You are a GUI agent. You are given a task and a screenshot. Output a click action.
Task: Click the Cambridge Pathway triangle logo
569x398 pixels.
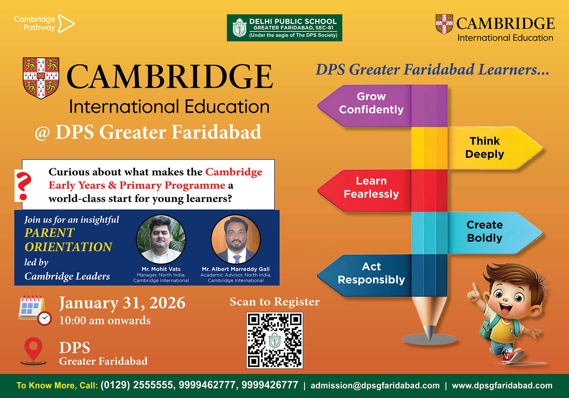point(66,24)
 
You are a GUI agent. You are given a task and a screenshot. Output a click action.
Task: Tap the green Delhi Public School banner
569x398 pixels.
point(284,28)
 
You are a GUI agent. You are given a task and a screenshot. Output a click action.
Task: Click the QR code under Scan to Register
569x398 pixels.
point(275,340)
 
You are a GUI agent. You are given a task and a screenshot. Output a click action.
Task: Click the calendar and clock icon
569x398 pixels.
point(35,310)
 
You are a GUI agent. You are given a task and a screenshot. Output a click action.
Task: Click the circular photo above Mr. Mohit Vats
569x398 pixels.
point(161,239)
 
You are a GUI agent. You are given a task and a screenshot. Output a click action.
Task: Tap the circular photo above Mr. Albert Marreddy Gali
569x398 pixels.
point(236,239)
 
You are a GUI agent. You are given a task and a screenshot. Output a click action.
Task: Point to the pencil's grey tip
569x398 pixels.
point(429,332)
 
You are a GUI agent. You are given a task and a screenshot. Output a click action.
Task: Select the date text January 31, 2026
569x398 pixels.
point(122,303)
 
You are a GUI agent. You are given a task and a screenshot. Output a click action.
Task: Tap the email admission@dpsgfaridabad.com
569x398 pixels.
point(375,385)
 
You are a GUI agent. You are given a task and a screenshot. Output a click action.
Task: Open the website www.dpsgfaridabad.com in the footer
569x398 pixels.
point(502,385)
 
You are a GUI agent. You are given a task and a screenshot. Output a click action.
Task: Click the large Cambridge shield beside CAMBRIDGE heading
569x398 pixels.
point(41,78)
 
